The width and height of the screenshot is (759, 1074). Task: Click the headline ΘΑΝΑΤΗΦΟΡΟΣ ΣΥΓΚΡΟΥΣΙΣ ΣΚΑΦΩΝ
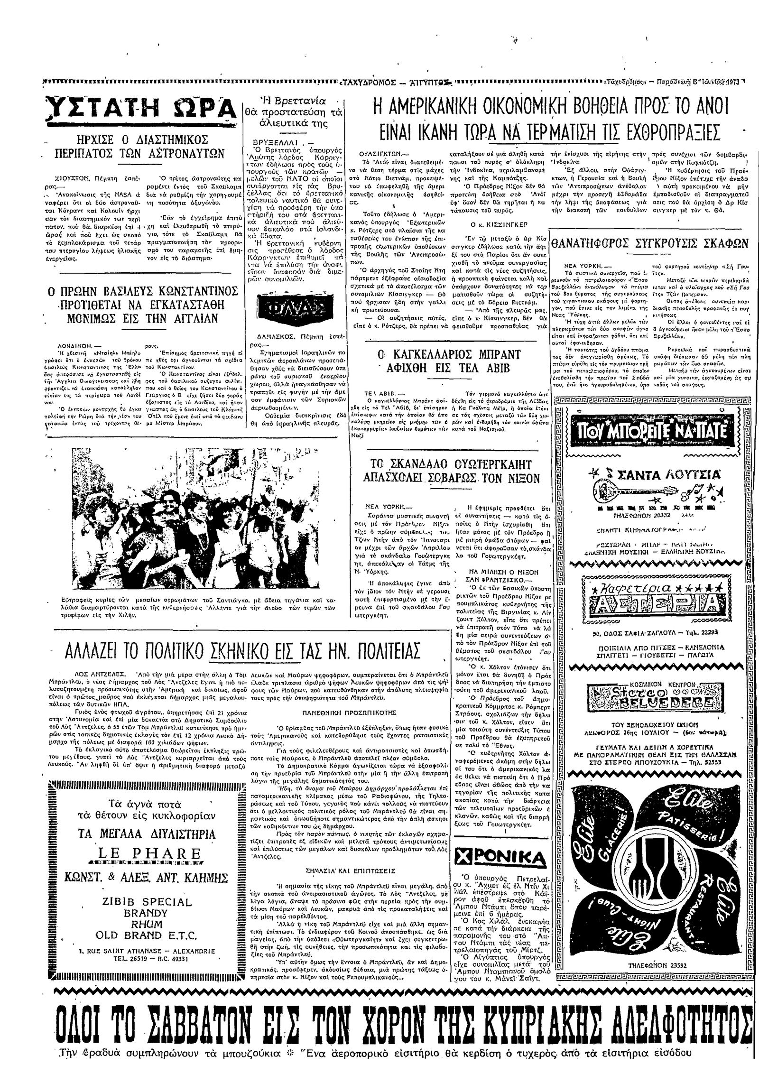(649, 245)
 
